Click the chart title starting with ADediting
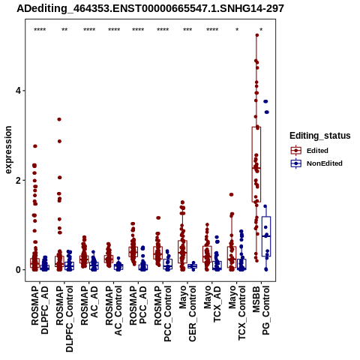[x=150, y=8]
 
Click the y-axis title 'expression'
[x=8, y=150]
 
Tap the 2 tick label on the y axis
[x=18, y=180]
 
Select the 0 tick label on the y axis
[x=18, y=270]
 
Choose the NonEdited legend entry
[x=316, y=163]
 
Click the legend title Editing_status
[x=320, y=136]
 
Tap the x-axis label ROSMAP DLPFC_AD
[x=40, y=310]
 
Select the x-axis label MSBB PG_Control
[x=261, y=310]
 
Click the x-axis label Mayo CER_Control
[x=187, y=313]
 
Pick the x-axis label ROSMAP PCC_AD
[x=138, y=305]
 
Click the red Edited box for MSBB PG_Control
[x=256, y=164]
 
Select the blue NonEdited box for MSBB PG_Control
[x=266, y=236]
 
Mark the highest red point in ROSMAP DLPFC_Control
[x=59, y=119]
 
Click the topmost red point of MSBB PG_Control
[x=257, y=35]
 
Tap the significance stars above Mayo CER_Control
[x=187, y=30]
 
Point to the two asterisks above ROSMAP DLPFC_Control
[x=64, y=30]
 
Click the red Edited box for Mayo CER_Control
[x=183, y=252]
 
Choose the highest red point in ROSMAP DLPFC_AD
[x=35, y=146]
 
